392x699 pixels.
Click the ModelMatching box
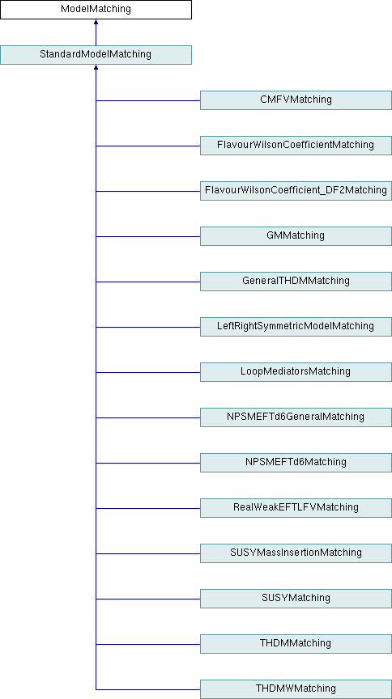(96, 10)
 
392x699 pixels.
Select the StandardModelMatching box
(96, 55)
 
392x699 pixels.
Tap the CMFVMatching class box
(296, 100)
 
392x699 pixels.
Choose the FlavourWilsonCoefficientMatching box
(296, 146)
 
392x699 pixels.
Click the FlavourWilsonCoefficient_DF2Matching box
(296, 191)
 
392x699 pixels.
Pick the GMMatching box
(296, 236)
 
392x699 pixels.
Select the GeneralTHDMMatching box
(296, 282)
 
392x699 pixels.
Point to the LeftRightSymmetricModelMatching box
(296, 327)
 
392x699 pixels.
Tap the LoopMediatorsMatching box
(296, 372)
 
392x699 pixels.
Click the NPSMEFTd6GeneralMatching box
(296, 417)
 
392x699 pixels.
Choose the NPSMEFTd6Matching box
(296, 463)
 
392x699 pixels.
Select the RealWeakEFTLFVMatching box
(296, 508)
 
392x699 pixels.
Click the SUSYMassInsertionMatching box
(296, 553)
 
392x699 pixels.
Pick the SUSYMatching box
(296, 599)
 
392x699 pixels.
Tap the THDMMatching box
(296, 644)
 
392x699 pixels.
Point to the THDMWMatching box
(296, 689)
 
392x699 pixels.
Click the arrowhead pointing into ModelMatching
(96, 22)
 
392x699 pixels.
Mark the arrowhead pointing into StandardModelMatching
(96, 67)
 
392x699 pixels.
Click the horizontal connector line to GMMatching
(147, 237)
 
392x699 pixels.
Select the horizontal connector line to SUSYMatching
(147, 599)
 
